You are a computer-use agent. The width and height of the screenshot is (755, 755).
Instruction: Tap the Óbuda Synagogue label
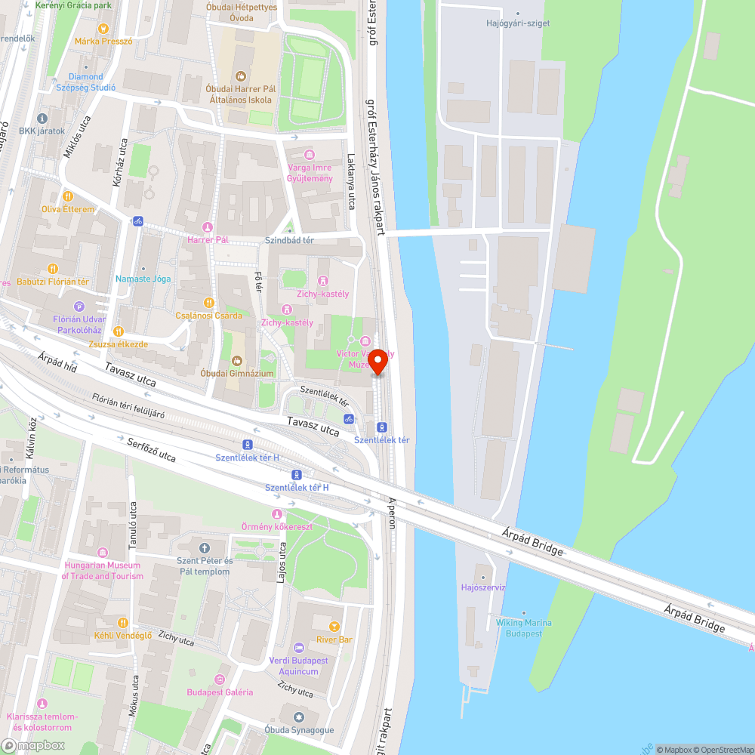click(299, 730)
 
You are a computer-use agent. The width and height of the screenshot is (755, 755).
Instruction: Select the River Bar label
click(334, 639)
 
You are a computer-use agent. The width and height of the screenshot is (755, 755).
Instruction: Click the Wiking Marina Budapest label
click(524, 628)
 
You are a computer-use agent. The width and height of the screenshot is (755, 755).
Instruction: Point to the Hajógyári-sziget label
click(518, 23)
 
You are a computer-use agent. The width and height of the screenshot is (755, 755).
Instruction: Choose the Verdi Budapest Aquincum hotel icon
click(299, 647)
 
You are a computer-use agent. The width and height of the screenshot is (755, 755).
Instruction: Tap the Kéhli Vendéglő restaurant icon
click(122, 622)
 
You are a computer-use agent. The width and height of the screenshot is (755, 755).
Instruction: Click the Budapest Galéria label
click(220, 692)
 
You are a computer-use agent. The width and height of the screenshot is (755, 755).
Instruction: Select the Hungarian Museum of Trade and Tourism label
click(103, 571)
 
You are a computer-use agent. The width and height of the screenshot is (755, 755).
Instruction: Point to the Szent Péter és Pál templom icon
click(204, 547)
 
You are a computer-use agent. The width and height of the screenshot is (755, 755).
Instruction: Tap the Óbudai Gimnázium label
click(237, 373)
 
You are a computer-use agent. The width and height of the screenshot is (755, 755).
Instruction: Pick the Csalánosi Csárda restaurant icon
click(209, 303)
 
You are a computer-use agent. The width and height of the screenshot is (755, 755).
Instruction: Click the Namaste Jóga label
click(143, 279)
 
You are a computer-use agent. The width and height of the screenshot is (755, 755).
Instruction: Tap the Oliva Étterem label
click(68, 209)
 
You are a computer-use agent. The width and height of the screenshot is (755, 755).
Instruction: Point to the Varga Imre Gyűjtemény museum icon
click(309, 155)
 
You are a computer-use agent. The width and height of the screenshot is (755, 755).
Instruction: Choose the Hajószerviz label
click(483, 587)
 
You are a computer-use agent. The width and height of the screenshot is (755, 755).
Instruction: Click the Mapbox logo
click(33, 745)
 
